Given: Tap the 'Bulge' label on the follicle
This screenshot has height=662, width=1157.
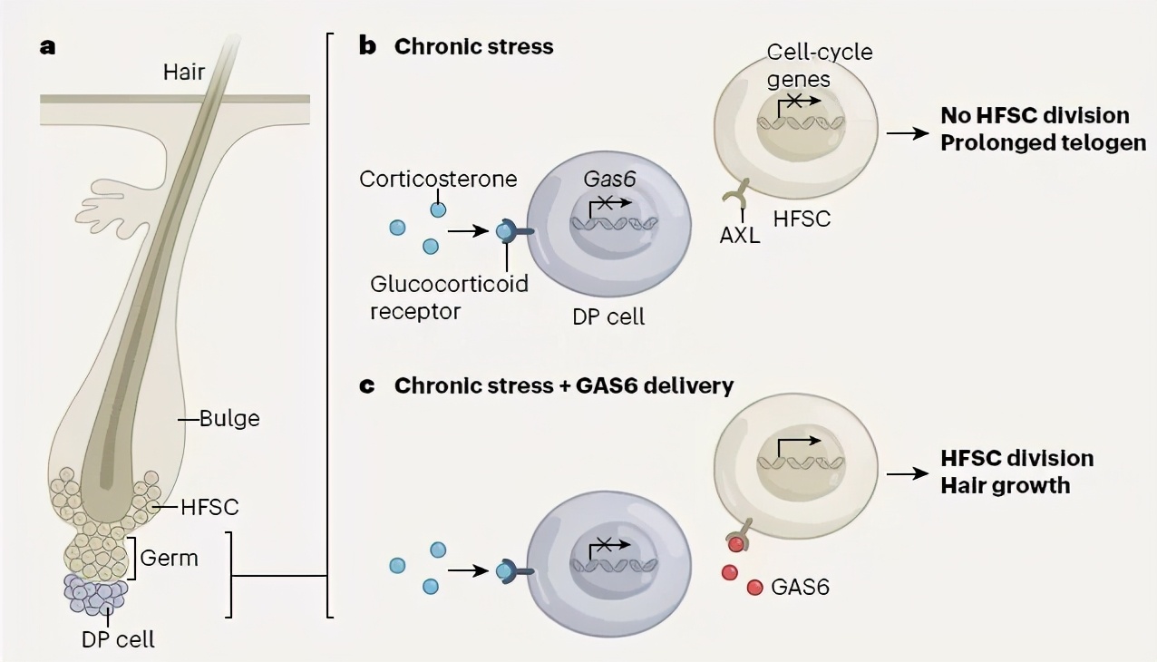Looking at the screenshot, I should coord(229,418).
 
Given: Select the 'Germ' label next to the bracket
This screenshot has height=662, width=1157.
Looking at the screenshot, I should coord(170,557).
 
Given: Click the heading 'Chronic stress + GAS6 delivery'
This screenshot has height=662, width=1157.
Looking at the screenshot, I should coord(563,385).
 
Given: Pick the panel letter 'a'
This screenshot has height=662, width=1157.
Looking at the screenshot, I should coord(47,46).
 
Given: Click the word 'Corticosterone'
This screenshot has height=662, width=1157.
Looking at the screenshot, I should coord(438,178).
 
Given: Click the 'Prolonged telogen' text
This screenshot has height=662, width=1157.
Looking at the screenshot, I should coord(1044,143).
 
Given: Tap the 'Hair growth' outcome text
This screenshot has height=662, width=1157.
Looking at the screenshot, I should coord(1005,485).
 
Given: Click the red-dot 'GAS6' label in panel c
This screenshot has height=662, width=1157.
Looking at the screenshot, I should coord(800,587).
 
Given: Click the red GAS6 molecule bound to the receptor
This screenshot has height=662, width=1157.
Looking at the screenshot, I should coord(734,543).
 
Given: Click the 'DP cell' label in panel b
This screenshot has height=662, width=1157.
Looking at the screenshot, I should coord(608,317).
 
